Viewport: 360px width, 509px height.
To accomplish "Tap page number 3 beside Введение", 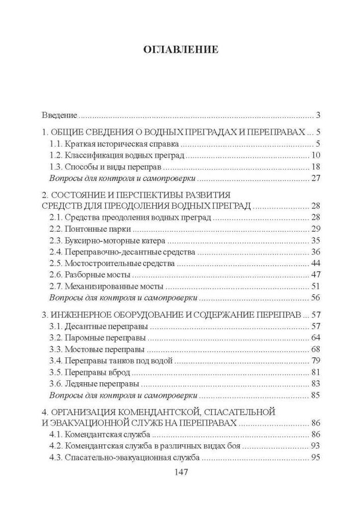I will [317, 115].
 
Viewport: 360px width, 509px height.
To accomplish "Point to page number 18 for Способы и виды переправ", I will [315, 167].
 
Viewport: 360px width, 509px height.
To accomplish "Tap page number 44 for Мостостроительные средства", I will [315, 263].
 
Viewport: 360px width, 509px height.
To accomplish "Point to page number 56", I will [315, 298].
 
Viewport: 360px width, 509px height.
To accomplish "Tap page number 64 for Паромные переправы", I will [315, 337].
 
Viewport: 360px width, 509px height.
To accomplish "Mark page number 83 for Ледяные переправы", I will [315, 384].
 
